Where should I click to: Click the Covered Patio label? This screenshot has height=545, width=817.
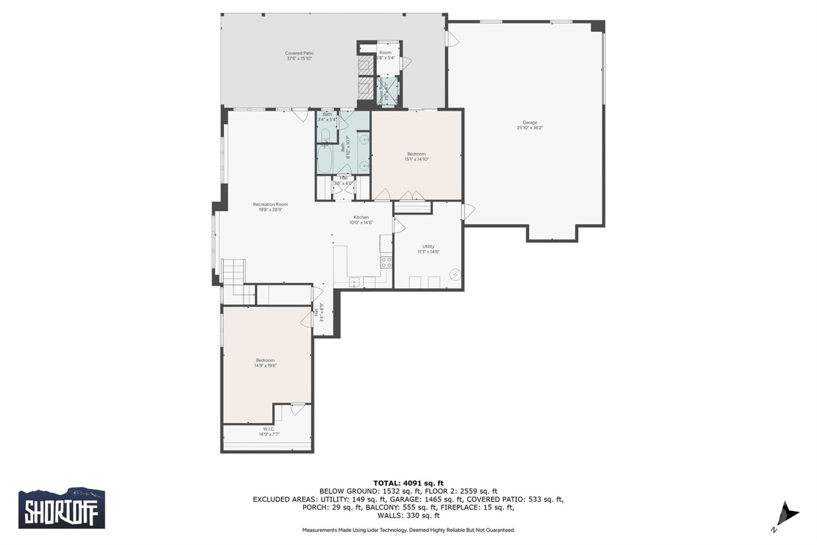point(299,53)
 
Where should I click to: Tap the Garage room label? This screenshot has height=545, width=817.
point(530,123)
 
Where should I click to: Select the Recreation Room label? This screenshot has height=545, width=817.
point(270,204)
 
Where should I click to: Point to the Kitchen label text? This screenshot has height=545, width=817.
point(361,217)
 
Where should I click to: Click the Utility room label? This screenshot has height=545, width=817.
point(428,247)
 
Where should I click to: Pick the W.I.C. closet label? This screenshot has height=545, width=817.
point(269,429)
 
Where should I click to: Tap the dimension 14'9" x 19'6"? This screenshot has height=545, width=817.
point(265,366)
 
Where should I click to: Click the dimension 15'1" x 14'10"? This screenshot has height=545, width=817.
point(416,159)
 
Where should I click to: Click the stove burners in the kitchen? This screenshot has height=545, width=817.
point(386,262)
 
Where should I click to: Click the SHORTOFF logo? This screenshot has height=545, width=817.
point(62,508)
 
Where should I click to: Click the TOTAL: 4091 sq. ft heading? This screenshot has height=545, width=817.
point(408,483)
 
